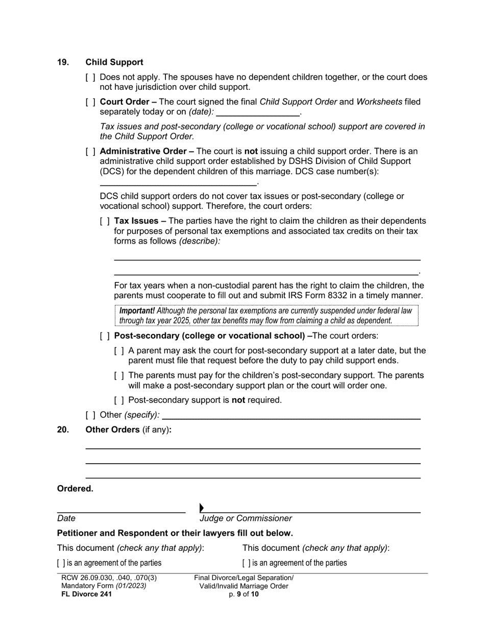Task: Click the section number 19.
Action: coord(63,62)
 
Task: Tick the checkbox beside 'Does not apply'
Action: coord(90,78)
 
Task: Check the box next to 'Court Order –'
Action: coord(90,102)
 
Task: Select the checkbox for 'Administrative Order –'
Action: coord(90,152)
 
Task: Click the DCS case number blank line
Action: coord(178,182)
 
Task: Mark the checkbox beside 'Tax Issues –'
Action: coord(105,222)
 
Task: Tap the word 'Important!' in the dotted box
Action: coord(137,310)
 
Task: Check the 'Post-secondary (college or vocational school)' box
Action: coord(105,336)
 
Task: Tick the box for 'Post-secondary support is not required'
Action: coord(119,400)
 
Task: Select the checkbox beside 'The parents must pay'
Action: coord(119,376)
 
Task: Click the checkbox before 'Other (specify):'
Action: coord(90,415)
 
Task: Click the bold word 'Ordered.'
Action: coord(75,489)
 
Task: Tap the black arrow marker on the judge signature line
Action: coord(202,508)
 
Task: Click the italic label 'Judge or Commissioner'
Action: coord(246,519)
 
